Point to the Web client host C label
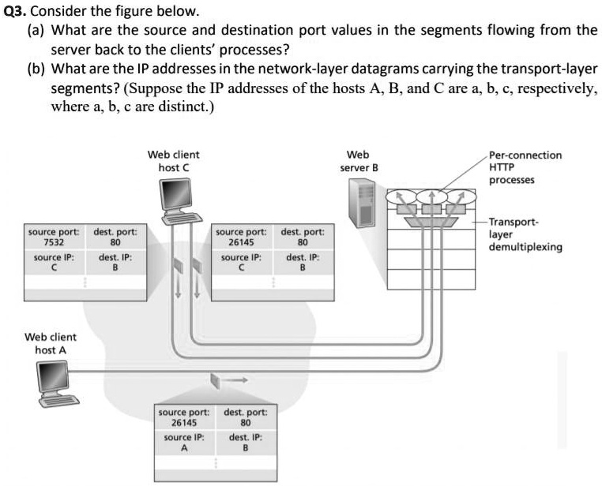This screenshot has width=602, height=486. click(174, 161)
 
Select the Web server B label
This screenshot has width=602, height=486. click(359, 161)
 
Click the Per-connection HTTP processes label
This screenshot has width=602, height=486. click(525, 167)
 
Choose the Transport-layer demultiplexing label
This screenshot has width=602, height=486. click(525, 234)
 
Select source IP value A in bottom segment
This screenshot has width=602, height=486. click(184, 447)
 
